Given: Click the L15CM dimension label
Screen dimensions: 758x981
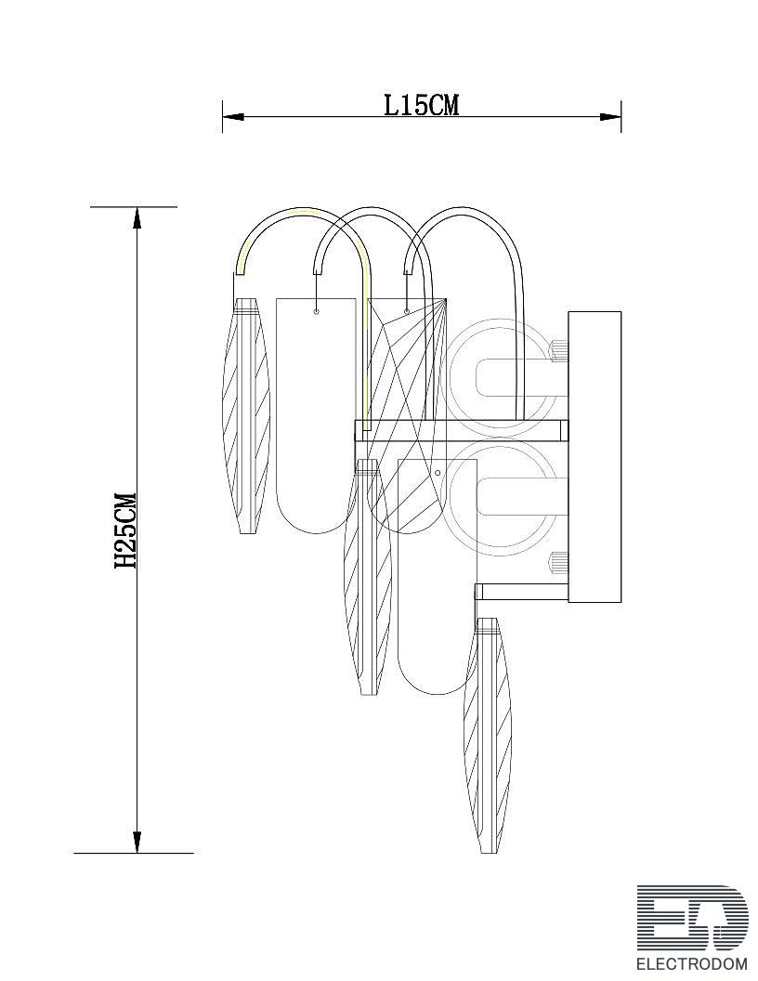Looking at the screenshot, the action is tap(421, 104).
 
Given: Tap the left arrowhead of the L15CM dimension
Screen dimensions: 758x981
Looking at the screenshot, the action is tap(232, 116).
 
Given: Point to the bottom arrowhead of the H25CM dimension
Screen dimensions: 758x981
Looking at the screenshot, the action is tap(137, 842).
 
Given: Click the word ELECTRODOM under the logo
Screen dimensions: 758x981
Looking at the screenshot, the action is tap(692, 963).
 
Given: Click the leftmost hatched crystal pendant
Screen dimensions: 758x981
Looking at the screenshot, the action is tap(246, 415).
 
